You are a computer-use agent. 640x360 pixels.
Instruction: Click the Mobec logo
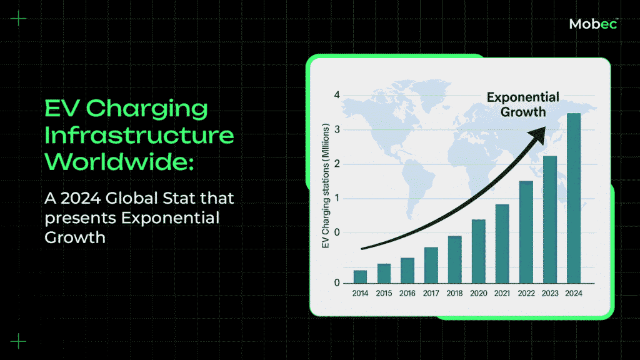[x=594, y=24]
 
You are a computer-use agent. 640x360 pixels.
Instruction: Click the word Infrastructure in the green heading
[x=139, y=136]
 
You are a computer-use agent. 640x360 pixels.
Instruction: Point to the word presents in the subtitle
[x=81, y=219]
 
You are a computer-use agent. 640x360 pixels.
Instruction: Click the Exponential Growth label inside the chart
[x=523, y=104]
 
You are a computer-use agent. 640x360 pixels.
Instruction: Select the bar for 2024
[x=574, y=198]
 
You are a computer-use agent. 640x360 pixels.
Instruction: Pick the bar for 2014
[x=360, y=277]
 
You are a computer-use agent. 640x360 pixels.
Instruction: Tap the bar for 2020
[x=478, y=251]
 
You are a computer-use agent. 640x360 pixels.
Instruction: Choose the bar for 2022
[x=526, y=232]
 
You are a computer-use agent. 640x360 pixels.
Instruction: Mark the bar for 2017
[x=431, y=265]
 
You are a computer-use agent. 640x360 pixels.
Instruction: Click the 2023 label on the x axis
[x=550, y=293]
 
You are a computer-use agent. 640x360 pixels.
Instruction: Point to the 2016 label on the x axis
[x=407, y=293]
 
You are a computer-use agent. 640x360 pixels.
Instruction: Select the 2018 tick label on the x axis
[x=455, y=293]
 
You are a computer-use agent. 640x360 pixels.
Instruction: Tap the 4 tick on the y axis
[x=337, y=95]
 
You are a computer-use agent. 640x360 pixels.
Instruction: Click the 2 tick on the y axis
[x=337, y=164]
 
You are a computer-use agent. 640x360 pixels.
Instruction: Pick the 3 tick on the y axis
[x=337, y=130]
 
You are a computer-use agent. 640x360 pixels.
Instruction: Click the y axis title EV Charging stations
[x=325, y=186]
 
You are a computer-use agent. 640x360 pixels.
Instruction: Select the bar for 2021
[x=502, y=244]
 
